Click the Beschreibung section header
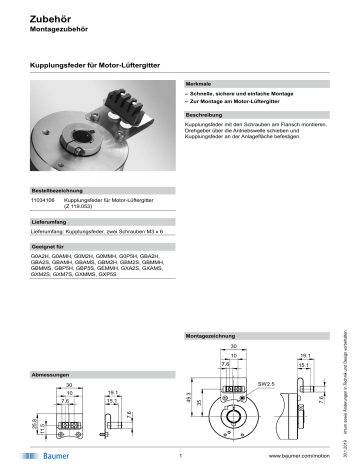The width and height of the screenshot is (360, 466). (206, 115)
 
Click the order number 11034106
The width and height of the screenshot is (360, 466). (46, 199)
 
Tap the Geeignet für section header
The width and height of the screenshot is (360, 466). (54, 244)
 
